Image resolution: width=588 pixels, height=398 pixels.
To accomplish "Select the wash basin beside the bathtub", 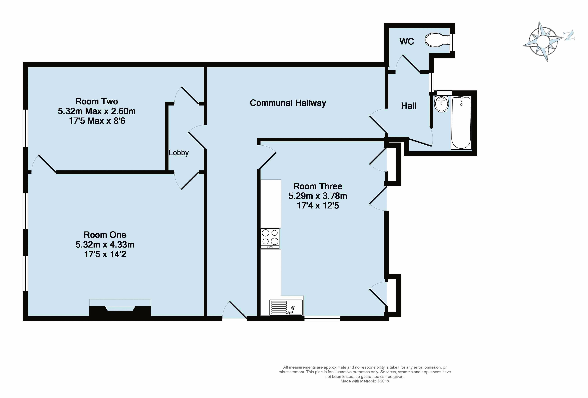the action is (442, 104).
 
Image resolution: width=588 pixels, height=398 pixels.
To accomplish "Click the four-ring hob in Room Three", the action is (270, 238).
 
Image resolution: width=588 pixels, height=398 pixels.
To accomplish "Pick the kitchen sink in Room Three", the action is (286, 308).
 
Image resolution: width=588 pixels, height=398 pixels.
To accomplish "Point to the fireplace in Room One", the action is (120, 308).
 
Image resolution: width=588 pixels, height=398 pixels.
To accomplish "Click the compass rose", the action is (543, 41).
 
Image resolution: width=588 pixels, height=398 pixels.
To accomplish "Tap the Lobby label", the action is (179, 153).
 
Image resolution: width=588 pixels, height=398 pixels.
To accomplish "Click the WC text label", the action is (407, 41).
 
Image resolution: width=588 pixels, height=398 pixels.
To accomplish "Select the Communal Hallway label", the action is (288, 103).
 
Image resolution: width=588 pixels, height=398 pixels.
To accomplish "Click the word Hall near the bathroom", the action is (409, 106).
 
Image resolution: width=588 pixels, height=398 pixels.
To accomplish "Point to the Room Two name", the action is (97, 101).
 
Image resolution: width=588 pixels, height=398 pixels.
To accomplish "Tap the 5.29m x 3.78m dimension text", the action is (318, 196).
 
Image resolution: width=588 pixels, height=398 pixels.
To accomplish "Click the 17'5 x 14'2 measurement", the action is (105, 254).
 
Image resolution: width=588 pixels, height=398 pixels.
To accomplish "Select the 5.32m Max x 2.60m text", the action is (97, 111).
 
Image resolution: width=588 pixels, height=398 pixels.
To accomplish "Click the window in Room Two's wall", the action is (25, 128).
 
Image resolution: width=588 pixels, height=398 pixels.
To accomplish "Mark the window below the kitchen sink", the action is (322, 319).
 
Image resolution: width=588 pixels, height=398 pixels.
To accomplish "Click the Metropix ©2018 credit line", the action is (365, 381).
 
